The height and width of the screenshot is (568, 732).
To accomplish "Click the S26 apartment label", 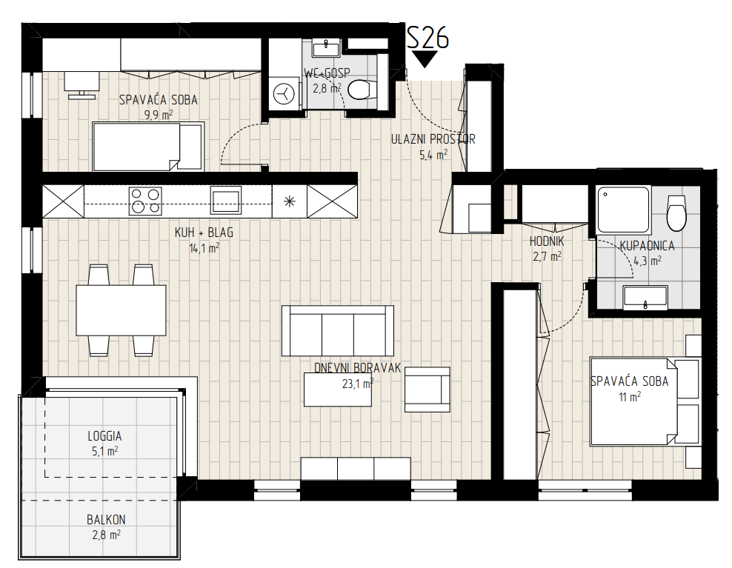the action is (427, 37).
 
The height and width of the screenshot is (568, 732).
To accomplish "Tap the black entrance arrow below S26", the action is (425, 59).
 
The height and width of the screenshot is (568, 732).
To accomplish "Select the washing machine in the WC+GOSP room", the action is (284, 93).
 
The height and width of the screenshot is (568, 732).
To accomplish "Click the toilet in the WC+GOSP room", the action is (362, 90).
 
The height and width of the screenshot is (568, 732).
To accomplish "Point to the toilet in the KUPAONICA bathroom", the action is (677, 213).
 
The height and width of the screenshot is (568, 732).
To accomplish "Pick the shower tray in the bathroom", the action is (623, 210).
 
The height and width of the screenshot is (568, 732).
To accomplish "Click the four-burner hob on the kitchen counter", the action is (145, 201).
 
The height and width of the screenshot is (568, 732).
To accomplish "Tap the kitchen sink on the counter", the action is (225, 200).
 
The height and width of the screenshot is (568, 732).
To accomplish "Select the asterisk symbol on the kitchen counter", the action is (290, 201).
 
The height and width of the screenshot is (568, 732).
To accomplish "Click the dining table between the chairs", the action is (121, 310).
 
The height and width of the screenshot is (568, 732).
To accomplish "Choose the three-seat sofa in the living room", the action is (338, 331).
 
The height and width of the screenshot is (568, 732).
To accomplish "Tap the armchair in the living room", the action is (427, 390).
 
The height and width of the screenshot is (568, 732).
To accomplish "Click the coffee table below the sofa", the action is (338, 390).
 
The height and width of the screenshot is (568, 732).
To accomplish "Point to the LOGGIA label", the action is (104, 436).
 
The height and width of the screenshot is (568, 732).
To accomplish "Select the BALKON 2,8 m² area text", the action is (106, 527).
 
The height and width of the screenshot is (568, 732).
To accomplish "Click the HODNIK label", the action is (547, 241).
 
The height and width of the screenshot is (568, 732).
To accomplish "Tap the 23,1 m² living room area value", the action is (358, 384).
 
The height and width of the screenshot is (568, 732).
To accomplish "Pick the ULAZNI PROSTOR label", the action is (433, 139).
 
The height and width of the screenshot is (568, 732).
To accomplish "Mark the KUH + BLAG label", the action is (204, 233).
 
